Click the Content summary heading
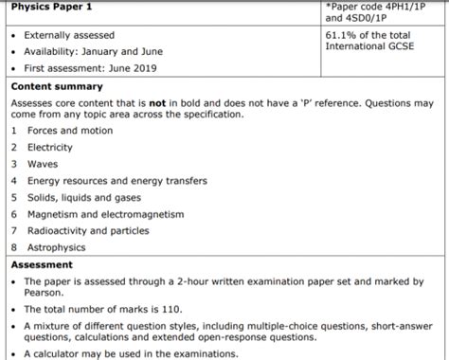[57, 86]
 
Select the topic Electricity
[50, 147]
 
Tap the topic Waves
[43, 163]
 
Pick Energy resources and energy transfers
[117, 180]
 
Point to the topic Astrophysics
[58, 247]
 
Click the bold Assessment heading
[41, 265]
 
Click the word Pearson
[45, 293]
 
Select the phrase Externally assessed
[68, 34]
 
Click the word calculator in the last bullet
[60, 354]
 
